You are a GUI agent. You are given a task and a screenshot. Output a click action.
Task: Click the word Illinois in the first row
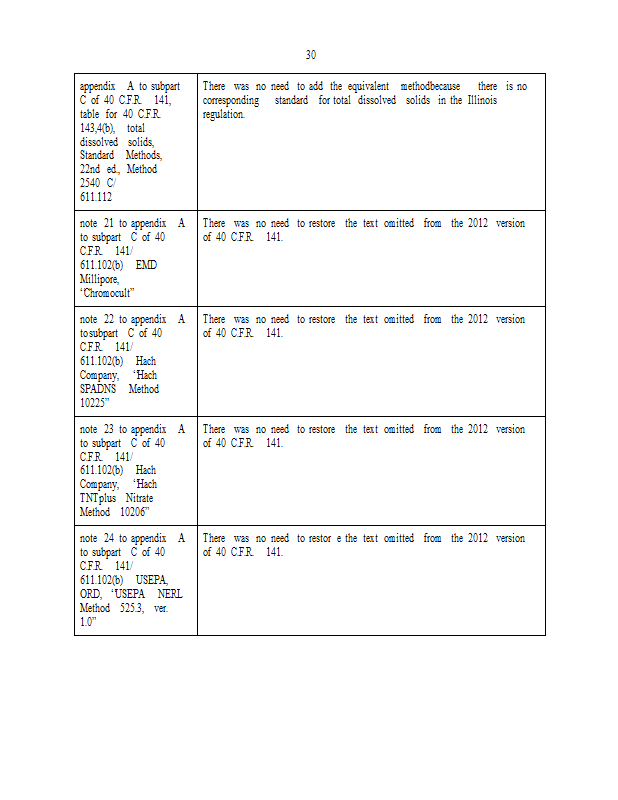click(480, 100)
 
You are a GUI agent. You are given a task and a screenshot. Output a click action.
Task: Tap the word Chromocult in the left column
click(108, 293)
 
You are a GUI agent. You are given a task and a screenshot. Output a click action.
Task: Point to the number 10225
click(96, 403)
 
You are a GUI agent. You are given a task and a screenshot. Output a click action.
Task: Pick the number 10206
click(133, 512)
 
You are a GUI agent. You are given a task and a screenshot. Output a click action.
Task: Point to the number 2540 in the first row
click(91, 183)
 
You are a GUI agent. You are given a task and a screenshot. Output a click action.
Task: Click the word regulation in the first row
click(224, 114)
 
